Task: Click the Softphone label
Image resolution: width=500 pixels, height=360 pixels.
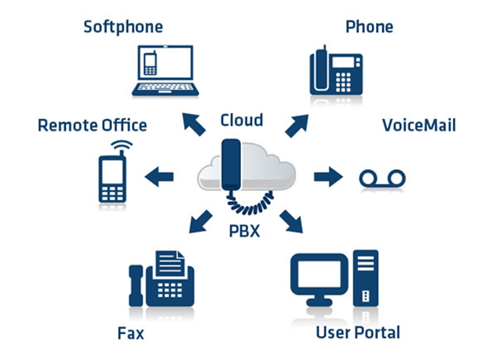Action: tap(123, 27)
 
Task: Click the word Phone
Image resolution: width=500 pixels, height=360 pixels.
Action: tap(369, 27)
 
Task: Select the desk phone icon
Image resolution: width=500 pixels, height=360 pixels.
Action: tap(337, 70)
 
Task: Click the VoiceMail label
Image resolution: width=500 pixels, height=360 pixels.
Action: tap(419, 125)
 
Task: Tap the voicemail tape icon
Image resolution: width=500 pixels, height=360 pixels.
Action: tap(382, 178)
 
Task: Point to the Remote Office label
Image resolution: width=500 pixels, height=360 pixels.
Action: tap(92, 125)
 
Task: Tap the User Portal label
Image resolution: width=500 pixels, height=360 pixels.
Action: tap(359, 332)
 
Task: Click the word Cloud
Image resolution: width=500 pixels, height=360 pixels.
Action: tap(242, 121)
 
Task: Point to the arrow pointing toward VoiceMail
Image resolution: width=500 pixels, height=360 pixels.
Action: tap(327, 177)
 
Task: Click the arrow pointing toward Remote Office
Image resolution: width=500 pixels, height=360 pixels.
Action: tap(159, 177)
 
